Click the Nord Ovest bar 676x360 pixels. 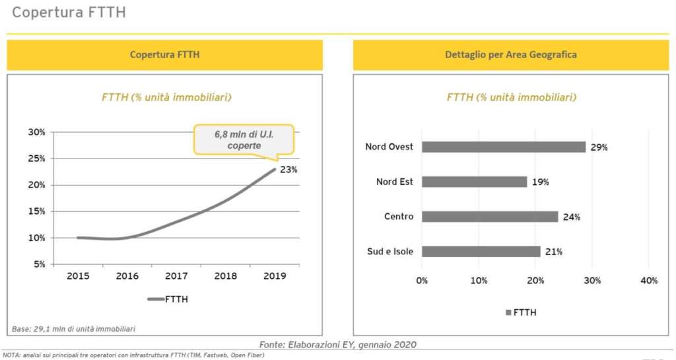tap(504, 147)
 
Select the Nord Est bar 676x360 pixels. tap(474, 182)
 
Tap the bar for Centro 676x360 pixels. tap(490, 217)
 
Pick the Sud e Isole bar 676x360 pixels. tap(481, 252)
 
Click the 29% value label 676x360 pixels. tap(599, 147)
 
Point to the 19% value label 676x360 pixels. tap(540, 182)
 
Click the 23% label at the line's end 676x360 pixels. tap(288, 170)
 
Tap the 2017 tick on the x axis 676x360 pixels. tap(177, 276)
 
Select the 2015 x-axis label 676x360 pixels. tap(78, 276)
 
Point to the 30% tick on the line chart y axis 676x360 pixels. tap(36, 132)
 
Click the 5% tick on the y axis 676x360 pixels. tap(39, 264)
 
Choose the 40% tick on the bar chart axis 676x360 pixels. tap(649, 281)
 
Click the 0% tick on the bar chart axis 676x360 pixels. tap(422, 281)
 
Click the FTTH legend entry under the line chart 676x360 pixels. tap(168, 299)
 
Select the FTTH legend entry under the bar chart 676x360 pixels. tap(521, 312)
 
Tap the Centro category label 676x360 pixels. tap(399, 217)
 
